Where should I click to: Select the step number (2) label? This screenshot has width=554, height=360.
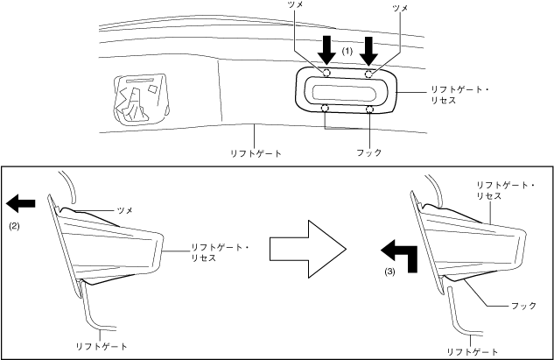tap(14, 225)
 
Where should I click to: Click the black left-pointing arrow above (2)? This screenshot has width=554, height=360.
tap(20, 204)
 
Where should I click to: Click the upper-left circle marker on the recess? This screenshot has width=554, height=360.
tap(325, 74)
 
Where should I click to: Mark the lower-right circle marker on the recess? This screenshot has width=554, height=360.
tap(370, 109)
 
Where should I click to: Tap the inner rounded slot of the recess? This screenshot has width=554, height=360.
tap(347, 91)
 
